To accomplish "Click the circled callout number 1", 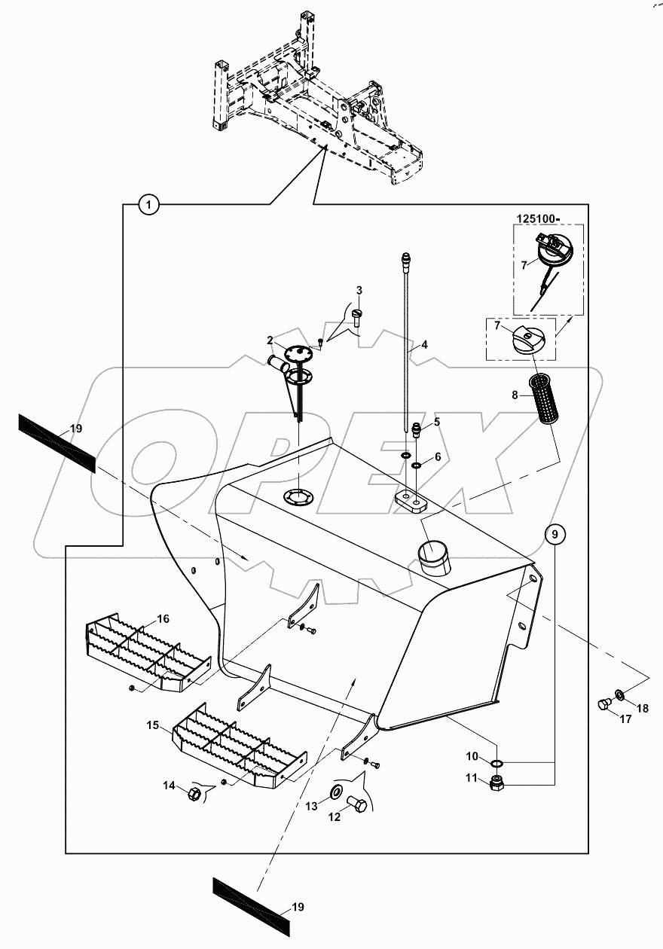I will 149,204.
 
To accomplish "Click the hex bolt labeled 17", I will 601,703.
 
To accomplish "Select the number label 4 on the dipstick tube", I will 424,344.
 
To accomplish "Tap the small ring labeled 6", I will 415,465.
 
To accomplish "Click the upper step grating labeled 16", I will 147,649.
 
